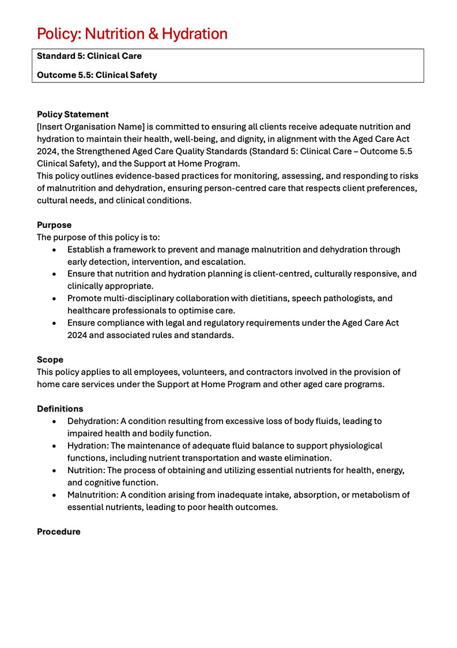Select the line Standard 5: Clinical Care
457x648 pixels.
click(x=89, y=57)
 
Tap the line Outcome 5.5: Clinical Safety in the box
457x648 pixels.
click(x=97, y=75)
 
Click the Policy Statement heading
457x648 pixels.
click(x=73, y=114)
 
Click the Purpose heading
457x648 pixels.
click(x=54, y=225)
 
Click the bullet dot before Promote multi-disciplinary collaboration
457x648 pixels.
click(x=54, y=298)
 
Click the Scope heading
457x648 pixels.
click(x=50, y=359)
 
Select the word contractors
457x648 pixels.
click(x=281, y=372)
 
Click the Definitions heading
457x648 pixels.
click(x=60, y=409)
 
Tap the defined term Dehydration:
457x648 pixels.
click(x=92, y=421)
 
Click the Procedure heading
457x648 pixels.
click(x=59, y=531)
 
